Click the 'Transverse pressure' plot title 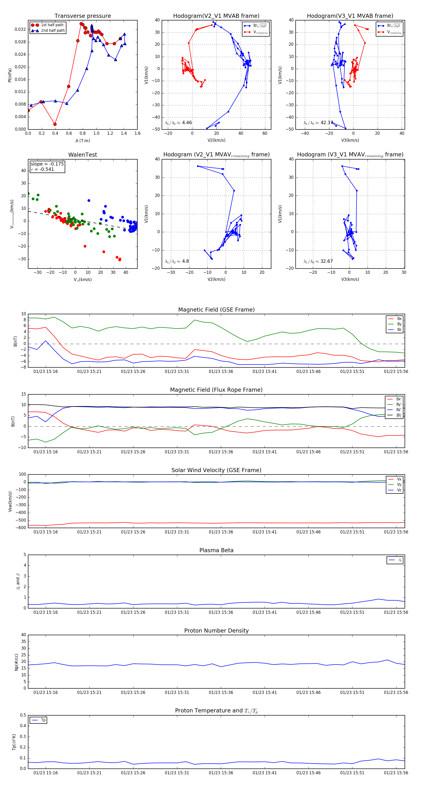coord(83,16)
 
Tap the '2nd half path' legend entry coord(53,31)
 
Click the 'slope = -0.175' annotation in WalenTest coord(47,164)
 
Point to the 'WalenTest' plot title coord(83,155)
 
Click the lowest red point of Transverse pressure coord(55,124)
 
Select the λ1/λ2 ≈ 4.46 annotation coord(178,123)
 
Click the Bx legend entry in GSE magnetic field coord(399,319)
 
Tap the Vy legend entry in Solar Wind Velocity coord(399,485)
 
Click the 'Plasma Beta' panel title coord(216,550)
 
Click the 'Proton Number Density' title coord(216,631)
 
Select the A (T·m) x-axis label coord(83,141)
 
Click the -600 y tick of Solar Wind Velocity coord(22,527)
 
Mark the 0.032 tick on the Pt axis coord(20,30)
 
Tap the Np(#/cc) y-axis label coord(16,662)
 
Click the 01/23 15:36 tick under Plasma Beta coord(221,612)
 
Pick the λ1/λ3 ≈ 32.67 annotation coord(318,261)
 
